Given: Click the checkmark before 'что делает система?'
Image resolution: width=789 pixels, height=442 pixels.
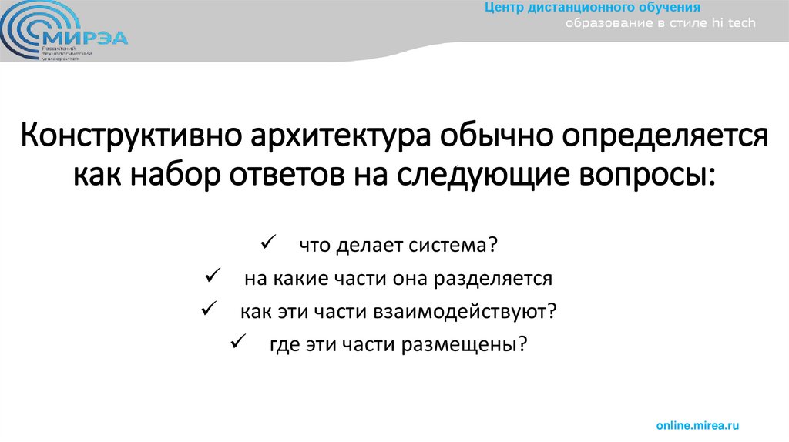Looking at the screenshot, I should (270, 243).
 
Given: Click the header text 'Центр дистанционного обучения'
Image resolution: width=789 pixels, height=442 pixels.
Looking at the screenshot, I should (592, 8).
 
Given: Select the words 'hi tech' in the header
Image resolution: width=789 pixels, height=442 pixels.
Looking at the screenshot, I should (734, 24).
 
